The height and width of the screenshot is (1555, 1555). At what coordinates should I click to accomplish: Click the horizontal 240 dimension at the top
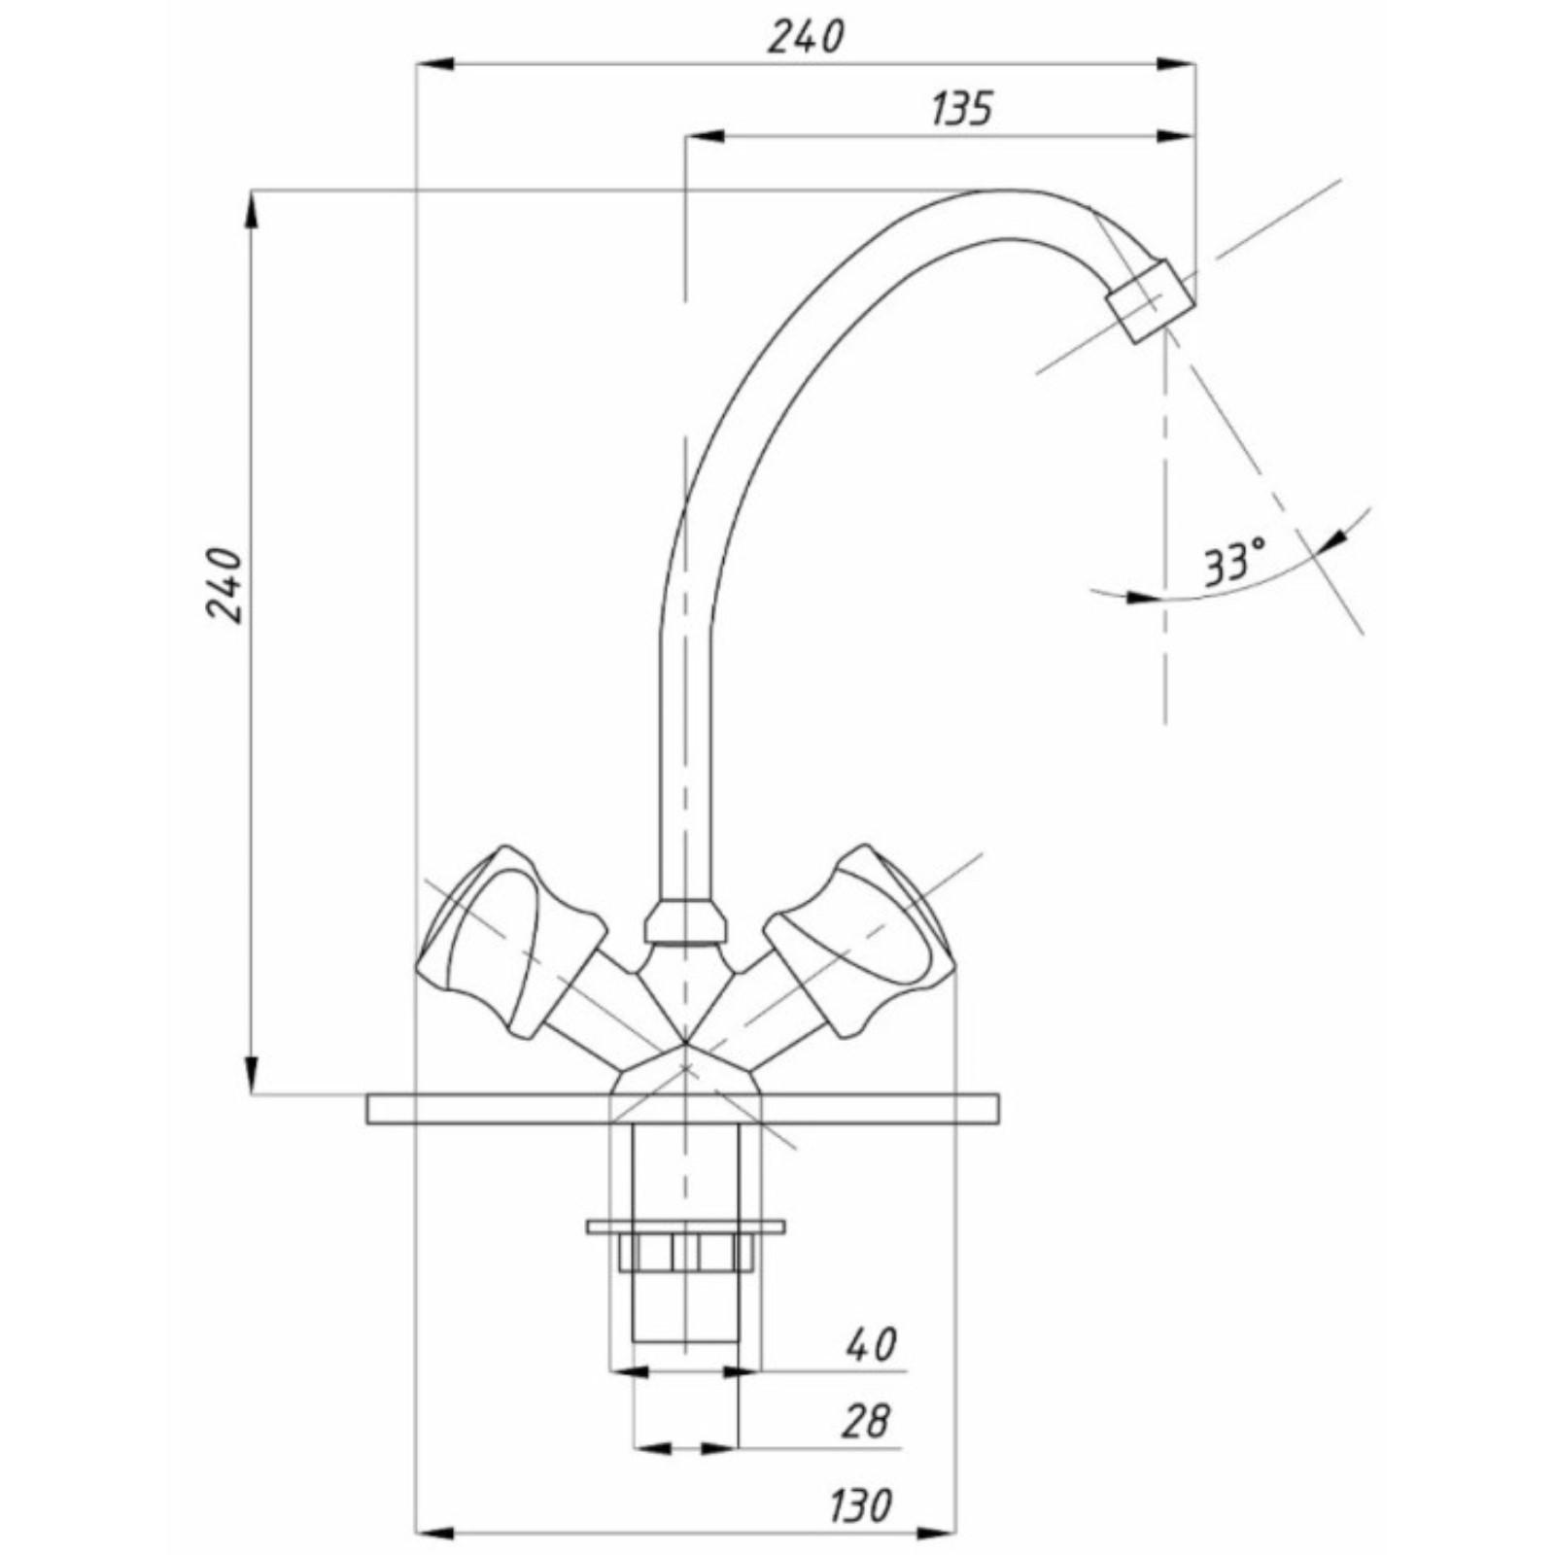pos(807,38)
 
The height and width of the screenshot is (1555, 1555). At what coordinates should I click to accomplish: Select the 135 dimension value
pos(962,108)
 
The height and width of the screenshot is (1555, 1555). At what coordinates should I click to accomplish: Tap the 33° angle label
pos(1235,563)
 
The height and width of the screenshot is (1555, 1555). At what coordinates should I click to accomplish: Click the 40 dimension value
pos(872,1345)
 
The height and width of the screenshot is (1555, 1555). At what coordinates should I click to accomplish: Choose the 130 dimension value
pos(860,1506)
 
